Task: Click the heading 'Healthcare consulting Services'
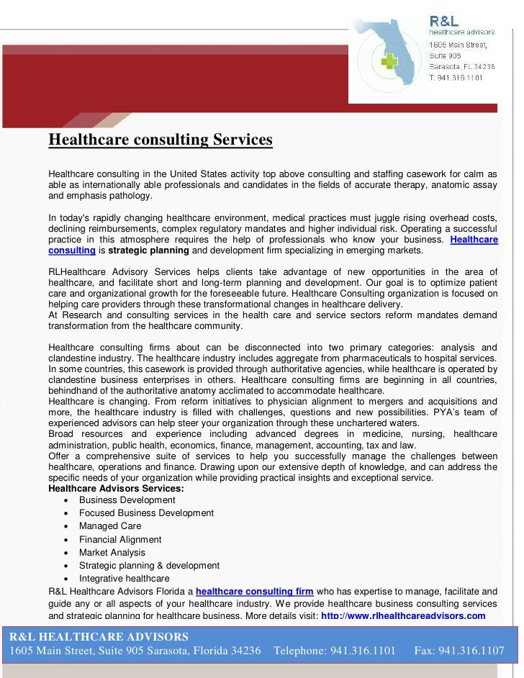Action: click(161, 139)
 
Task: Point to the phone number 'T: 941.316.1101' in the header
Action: click(456, 77)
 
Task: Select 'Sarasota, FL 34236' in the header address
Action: click(458, 66)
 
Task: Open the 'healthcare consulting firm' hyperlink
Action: click(254, 592)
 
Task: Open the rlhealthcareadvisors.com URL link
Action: click(402, 616)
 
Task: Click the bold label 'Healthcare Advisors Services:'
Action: click(116, 489)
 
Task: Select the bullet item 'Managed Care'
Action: click(110, 526)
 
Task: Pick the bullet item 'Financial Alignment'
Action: click(120, 539)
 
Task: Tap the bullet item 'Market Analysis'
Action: click(112, 553)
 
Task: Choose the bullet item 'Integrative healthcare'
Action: click(125, 579)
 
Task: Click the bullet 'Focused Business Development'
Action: click(146, 513)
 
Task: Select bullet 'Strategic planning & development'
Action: click(149, 566)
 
